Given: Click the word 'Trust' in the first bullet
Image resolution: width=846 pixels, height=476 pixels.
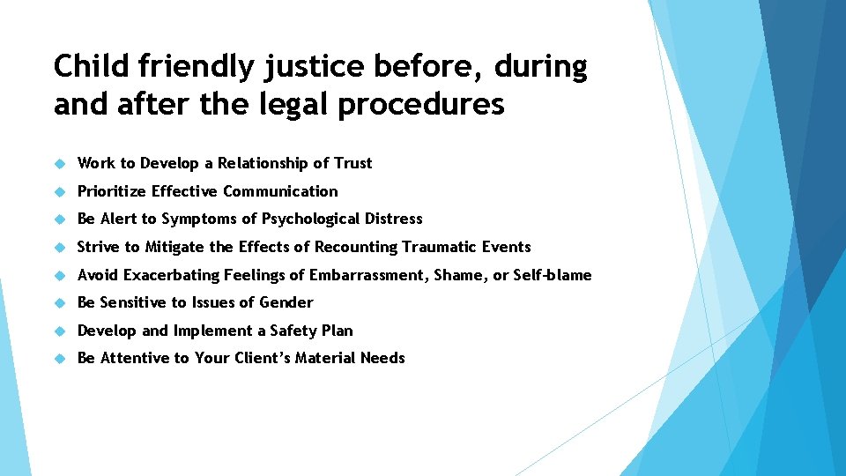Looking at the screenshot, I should (352, 163).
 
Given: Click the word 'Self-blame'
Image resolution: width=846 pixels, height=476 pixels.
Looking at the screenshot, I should (553, 275).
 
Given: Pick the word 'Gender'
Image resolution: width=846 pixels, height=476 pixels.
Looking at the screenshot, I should (287, 302).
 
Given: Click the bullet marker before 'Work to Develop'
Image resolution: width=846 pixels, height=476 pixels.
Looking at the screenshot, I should (60, 163).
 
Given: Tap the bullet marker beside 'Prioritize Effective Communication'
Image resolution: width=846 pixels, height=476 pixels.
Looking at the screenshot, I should (60, 191).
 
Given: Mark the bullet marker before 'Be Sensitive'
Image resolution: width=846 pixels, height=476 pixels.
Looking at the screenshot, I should (60, 303).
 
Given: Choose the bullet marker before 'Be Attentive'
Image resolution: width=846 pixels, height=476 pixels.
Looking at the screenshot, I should (60, 359).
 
